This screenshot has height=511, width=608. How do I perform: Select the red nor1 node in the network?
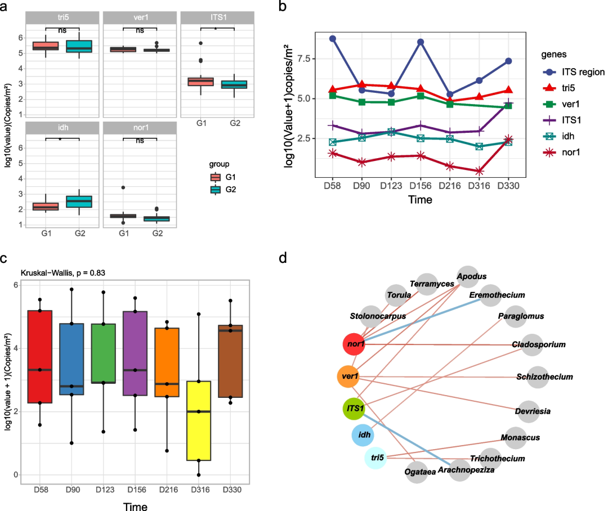tap(354, 343)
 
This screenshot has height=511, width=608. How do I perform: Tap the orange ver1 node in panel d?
tap(348, 376)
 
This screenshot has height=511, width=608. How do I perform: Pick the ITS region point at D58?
tap(333, 39)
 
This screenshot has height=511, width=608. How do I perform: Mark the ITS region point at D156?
tap(421, 42)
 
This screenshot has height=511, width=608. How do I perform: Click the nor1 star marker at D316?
tap(479, 171)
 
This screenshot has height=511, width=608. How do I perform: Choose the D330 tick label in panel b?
tap(508, 185)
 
